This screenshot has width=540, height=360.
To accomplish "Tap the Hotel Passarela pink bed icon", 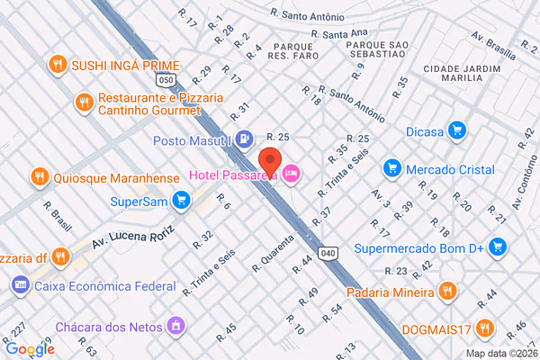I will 290,173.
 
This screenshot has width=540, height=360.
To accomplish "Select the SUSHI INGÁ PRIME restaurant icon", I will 58,64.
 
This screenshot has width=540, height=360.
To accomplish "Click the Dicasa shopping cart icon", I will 457,131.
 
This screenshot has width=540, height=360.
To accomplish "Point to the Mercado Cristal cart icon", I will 391,168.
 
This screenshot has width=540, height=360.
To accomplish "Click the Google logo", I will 29,348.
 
